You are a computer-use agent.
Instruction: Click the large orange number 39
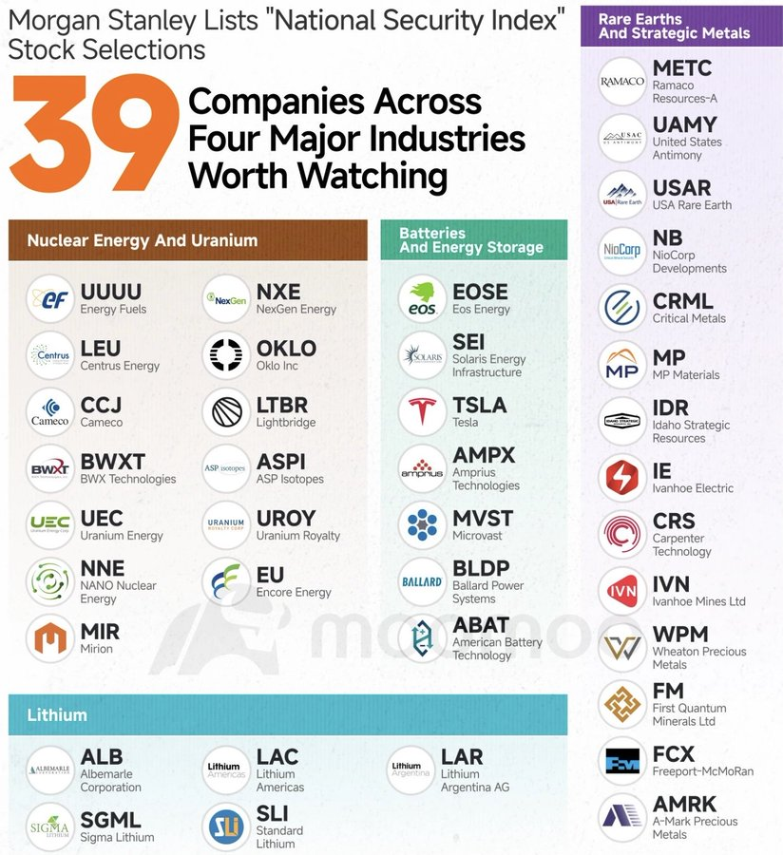pyautogui.click(x=93, y=133)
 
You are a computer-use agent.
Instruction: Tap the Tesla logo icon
pyautogui.click(x=422, y=411)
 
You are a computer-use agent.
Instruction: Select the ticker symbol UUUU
pyautogui.click(x=110, y=291)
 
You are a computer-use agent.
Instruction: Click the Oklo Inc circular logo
pyautogui.click(x=227, y=355)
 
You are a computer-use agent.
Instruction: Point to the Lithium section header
pyautogui.click(x=57, y=714)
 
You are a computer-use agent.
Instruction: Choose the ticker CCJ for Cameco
pyautogui.click(x=101, y=405)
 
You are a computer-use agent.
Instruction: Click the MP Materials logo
pyautogui.click(x=622, y=365)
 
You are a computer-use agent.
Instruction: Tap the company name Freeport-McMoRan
pyautogui.click(x=702, y=771)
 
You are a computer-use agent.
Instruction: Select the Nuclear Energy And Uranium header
pyautogui.click(x=143, y=240)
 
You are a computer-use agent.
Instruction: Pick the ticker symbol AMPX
pyautogui.click(x=484, y=455)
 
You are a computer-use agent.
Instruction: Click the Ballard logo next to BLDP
pyautogui.click(x=422, y=581)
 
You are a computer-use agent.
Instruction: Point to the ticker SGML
pyautogui.click(x=110, y=819)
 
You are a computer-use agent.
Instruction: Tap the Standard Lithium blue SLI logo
pyautogui.click(x=227, y=826)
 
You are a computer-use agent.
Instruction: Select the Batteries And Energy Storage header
pyautogui.click(x=471, y=239)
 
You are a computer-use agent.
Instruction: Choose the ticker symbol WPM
pyautogui.click(x=679, y=634)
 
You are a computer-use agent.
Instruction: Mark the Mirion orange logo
pyautogui.click(x=49, y=638)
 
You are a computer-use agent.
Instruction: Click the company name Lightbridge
pyautogui.click(x=285, y=422)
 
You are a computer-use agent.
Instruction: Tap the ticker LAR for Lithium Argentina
pyautogui.click(x=462, y=756)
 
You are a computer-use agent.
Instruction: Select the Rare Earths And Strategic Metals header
pyautogui.click(x=674, y=25)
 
